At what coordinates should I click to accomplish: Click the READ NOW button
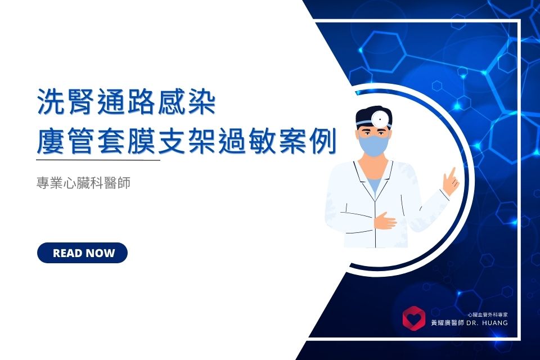[82, 253]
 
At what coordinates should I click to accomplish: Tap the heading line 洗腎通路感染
[127, 102]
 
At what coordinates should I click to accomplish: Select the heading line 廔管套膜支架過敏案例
[186, 141]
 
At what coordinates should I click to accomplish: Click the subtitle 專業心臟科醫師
[83, 183]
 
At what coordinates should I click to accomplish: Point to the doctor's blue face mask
[373, 144]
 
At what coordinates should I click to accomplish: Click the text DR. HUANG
[487, 323]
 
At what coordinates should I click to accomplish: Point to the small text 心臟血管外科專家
[488, 314]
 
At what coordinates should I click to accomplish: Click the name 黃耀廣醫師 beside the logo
[447, 323]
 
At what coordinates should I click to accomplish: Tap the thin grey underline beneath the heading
[98, 160]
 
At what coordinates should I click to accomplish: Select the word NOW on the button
[100, 253]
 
